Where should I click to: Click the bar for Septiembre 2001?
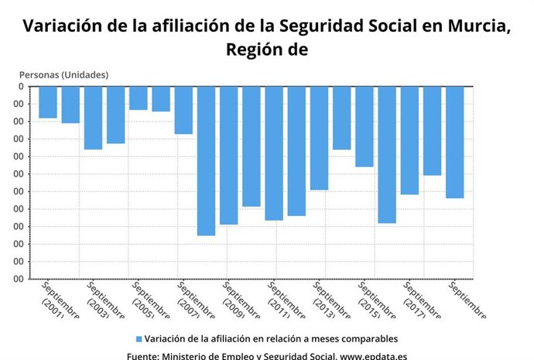coord(48,102)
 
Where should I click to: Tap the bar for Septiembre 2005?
coord(139,98)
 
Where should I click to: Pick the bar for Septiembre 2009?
coord(229,155)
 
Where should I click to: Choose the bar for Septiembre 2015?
coord(365,126)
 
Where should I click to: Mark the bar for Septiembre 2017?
coord(409,140)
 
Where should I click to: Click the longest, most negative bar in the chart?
coord(206,160)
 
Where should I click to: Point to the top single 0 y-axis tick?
coord(21,86)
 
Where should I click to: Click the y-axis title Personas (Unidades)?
coord(63,74)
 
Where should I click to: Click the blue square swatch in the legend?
coord(139,339)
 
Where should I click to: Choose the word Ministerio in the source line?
coord(187,356)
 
